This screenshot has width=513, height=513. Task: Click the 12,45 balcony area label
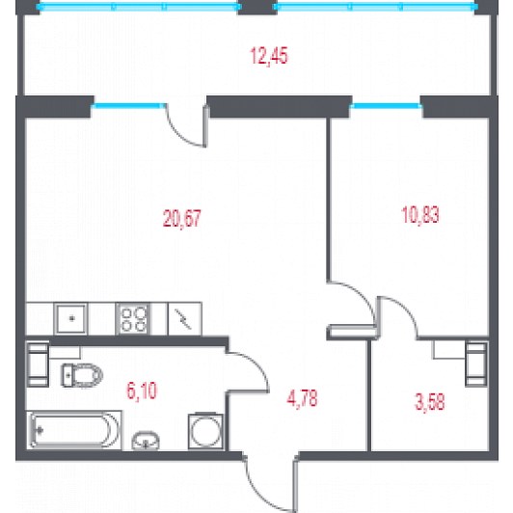pos(269,56)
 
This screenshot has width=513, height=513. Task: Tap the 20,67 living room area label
pos(182,218)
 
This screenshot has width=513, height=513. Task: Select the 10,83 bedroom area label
pos(420,215)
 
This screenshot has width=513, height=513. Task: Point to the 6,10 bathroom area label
pos(142,391)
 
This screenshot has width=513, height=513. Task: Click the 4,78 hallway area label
pos(302,398)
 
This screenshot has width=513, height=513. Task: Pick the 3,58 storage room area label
pos(429,402)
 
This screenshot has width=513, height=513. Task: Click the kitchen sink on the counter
pos(71,318)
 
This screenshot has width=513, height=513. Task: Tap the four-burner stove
pos(133,319)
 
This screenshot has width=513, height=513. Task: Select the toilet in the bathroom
pos(82,375)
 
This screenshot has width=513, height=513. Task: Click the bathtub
pos(74,430)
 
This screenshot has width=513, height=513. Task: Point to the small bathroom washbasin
pos(146,441)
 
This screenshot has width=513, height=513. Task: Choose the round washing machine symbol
pos(205,431)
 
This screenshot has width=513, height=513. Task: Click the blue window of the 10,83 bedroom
pos(386,106)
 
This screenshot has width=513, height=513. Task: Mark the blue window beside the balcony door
pos(128,105)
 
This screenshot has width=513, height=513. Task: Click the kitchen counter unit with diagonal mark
pos(184,319)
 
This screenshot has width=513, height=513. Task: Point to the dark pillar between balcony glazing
pos(256,7)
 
